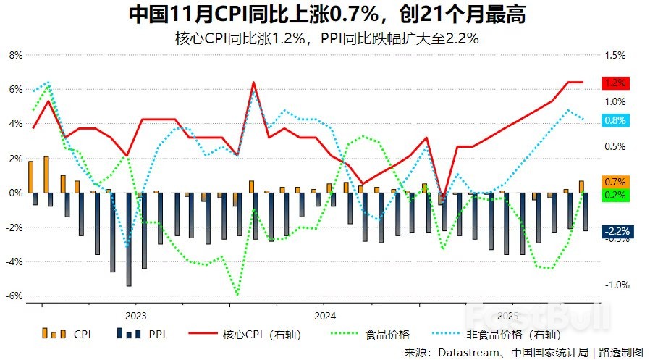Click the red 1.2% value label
[x=616, y=83]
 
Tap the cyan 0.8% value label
[x=616, y=120]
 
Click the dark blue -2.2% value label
[x=616, y=231]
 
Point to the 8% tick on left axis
[x=15, y=55]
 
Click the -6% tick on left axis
[x=14, y=296]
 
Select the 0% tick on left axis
[x=15, y=193]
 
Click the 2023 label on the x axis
[x=135, y=316]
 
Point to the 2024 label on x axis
[x=324, y=316]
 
